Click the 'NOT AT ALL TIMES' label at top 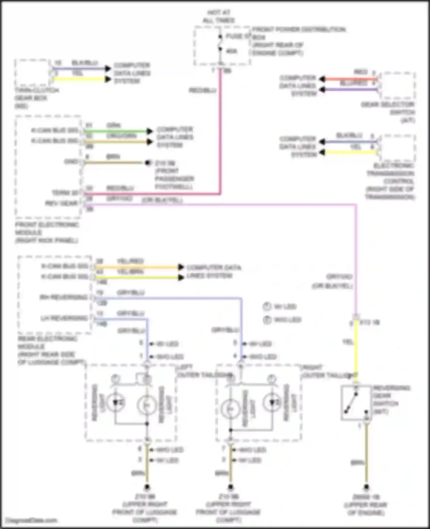tap(218, 16)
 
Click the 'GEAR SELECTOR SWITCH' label tap(388, 112)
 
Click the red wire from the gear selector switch tap(350, 79)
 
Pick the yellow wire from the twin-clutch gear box tap(80, 79)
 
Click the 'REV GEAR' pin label tap(62, 203)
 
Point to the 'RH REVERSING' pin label tap(64, 297)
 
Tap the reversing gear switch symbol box tap(356, 403)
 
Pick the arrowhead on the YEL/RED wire tap(181, 267)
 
